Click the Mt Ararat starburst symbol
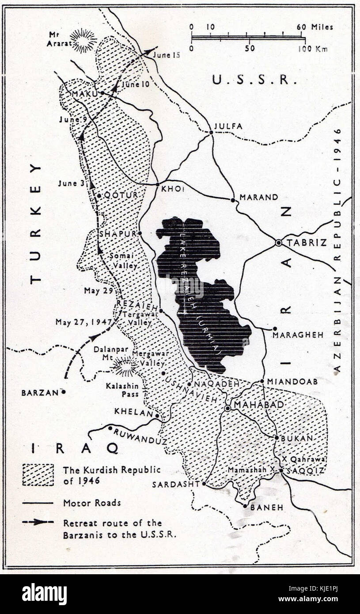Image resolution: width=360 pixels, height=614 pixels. tap(83, 40)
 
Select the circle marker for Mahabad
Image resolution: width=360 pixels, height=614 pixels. tap(227, 409)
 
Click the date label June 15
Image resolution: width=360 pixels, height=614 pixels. tap(166, 55)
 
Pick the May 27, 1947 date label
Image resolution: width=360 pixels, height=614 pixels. tap(83, 322)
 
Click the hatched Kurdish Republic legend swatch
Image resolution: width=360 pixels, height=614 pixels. tap(38, 475)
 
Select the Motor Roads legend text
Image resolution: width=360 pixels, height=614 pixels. tap(91, 503)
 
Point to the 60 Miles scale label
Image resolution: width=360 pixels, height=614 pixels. tap(315, 27)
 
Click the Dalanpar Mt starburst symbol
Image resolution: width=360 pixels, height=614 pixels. tap(125, 367)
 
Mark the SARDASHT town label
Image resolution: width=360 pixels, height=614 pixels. tap(175, 485)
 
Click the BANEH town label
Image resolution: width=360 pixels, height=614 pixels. tap(266, 508)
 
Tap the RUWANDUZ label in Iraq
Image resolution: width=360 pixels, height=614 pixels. tap(140, 436)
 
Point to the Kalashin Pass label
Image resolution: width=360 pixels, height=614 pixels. tap(122, 390)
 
